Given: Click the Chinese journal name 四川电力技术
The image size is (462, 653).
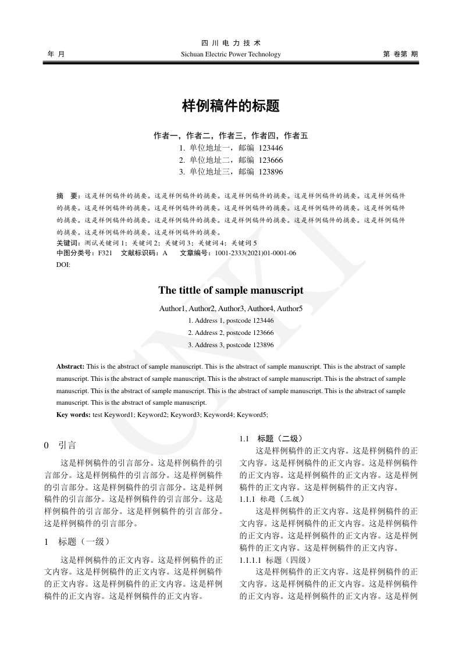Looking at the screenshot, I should tap(231, 43).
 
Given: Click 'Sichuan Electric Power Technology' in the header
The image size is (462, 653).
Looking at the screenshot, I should tap(231, 55).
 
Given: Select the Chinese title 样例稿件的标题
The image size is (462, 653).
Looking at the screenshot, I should tap(231, 106).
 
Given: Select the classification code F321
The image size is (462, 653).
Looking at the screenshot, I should tap(105, 254).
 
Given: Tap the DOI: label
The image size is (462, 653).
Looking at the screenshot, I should tap(63, 265).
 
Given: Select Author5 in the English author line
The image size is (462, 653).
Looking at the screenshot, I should tap(290, 308).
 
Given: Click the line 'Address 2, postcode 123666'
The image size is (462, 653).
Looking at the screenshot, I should tap(231, 333).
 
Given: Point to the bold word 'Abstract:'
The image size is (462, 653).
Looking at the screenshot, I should tap(70, 367).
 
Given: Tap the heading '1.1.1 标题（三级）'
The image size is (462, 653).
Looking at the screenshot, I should tap(272, 499).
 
